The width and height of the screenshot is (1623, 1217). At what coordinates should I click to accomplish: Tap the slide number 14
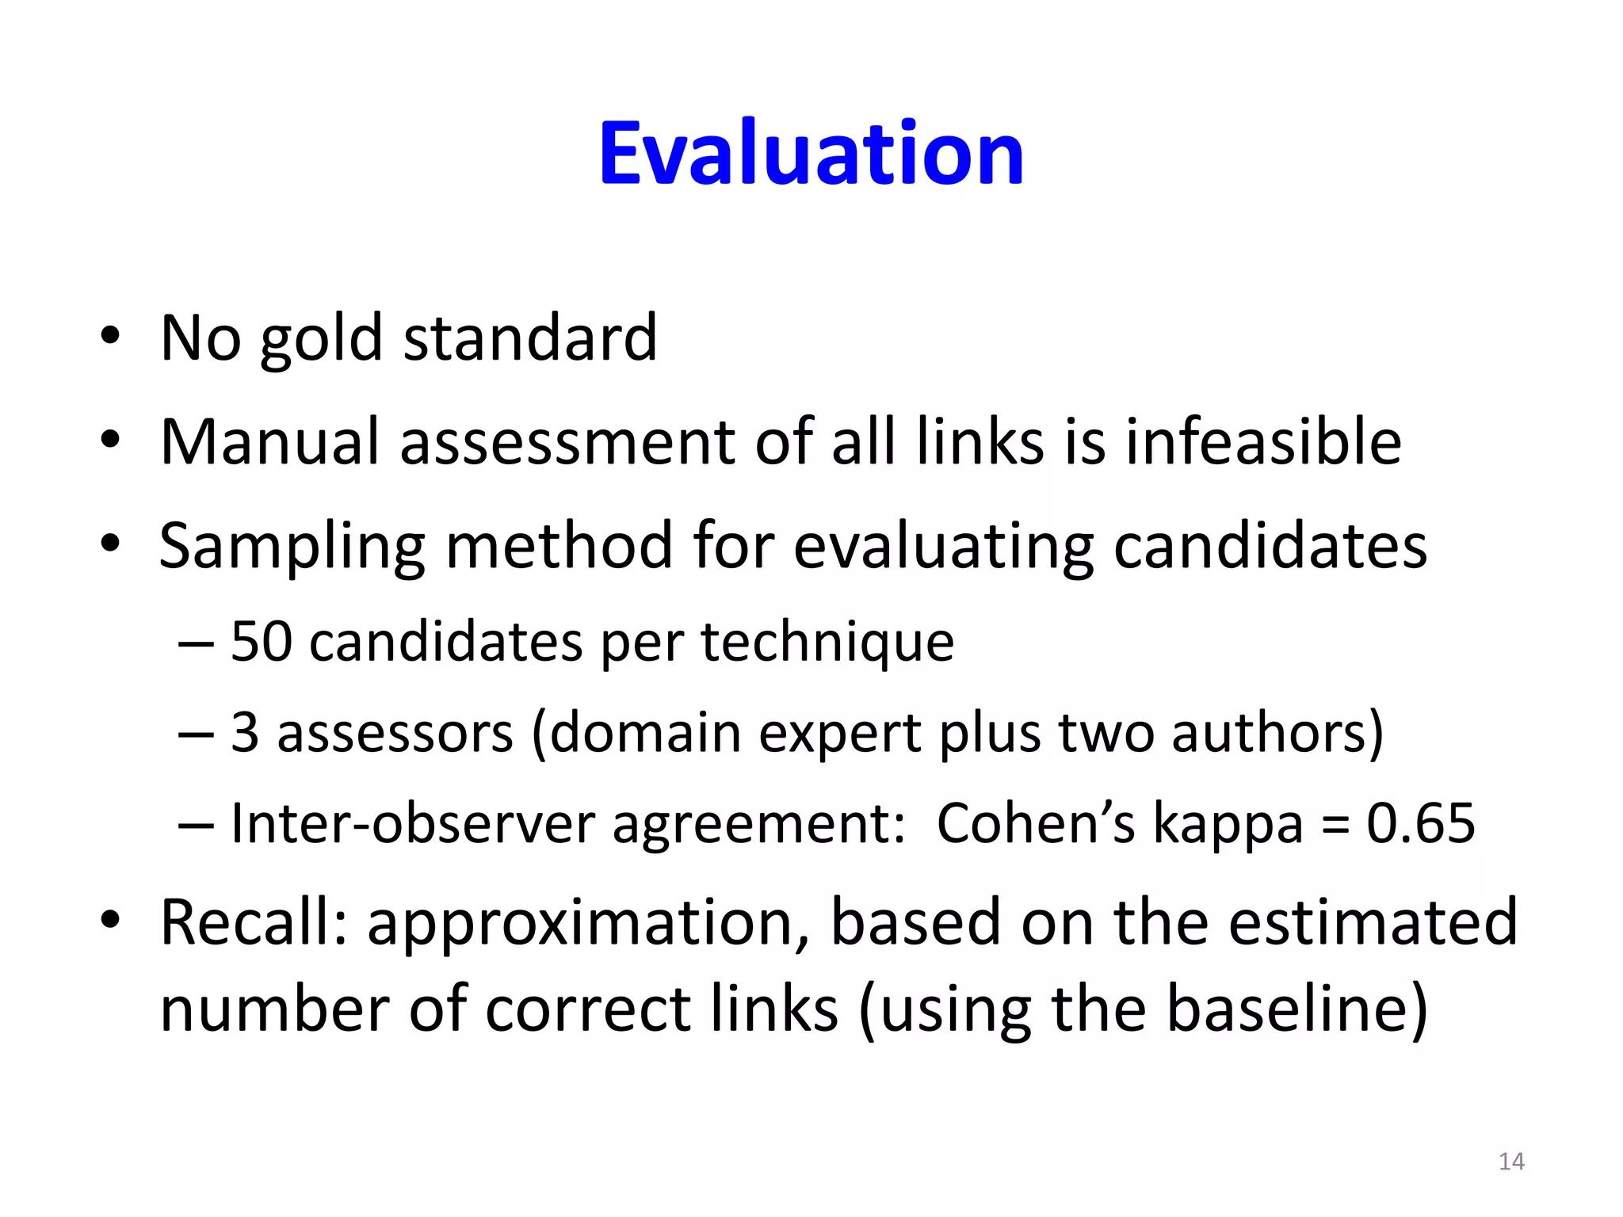pos(1511,1162)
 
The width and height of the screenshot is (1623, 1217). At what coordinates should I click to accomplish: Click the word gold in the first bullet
pos(322,339)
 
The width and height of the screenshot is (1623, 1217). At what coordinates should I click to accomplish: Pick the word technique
pos(827,643)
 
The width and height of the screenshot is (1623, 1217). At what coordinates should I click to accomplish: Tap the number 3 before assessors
pos(245,732)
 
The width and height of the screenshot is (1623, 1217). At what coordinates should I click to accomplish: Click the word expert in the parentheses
pos(840,734)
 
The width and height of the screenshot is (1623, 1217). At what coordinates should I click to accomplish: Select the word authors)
pos(1277,732)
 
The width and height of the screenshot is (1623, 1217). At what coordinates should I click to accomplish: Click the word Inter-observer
pos(412,823)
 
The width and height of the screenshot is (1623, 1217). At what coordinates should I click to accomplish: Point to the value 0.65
pos(1421,823)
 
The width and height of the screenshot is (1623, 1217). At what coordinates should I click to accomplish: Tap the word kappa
pos(1228,825)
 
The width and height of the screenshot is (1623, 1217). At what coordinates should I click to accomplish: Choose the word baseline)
pos(1297,1009)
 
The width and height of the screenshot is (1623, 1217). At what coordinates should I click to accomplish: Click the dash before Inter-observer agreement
pos(196,825)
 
